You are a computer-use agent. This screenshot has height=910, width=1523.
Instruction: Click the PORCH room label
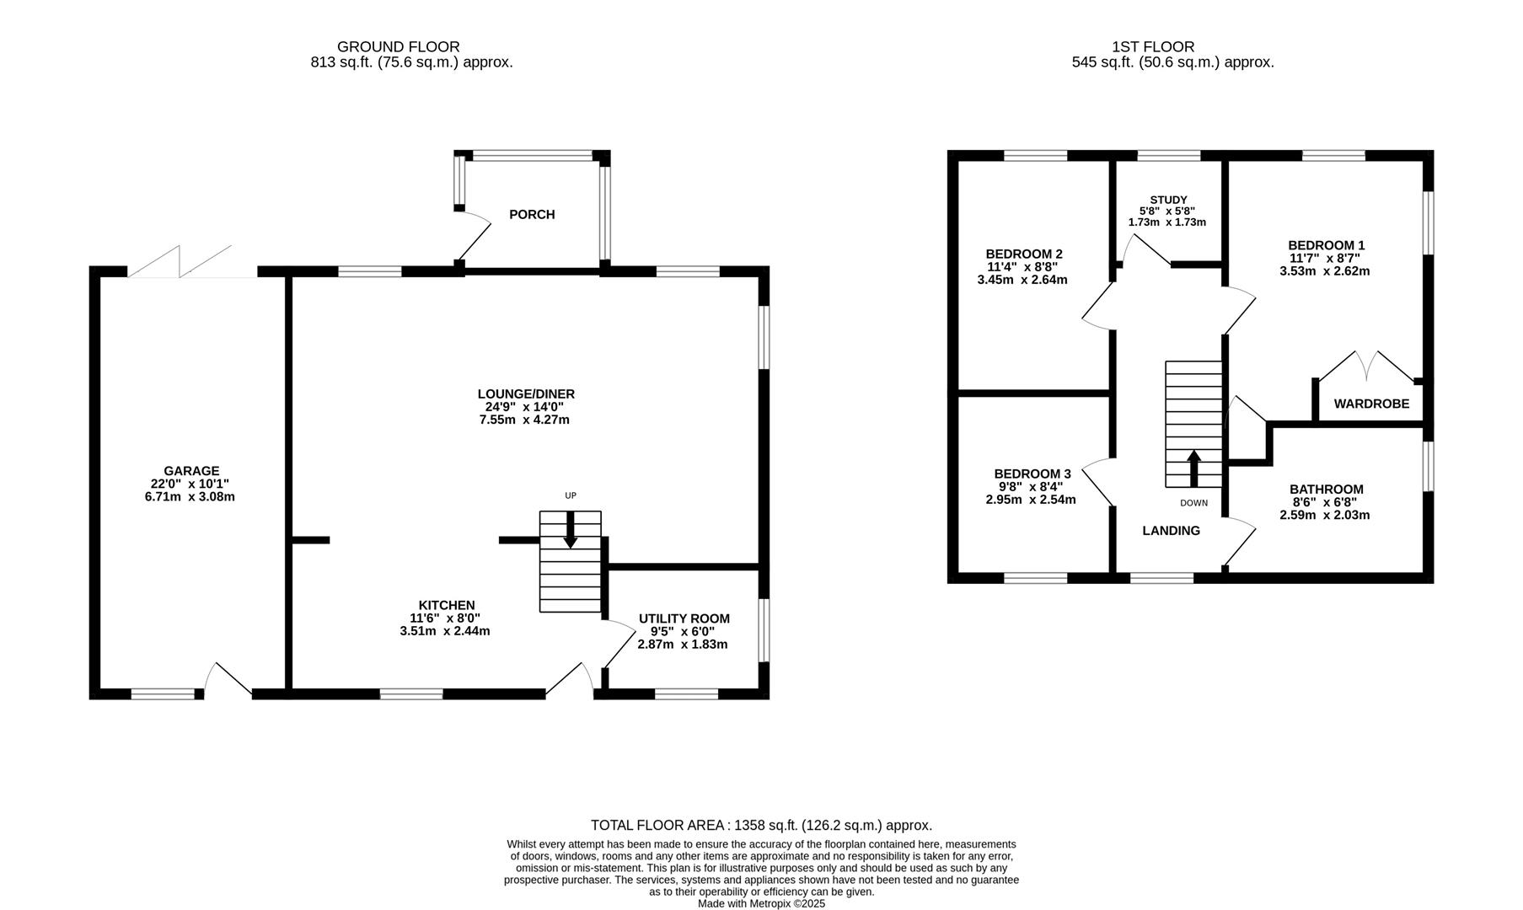coord(532,215)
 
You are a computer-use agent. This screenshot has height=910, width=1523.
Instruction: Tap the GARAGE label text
coord(191,471)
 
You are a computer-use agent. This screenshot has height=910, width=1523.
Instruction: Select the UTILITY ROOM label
coord(684,618)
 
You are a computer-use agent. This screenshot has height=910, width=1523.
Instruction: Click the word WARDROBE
coord(1371,404)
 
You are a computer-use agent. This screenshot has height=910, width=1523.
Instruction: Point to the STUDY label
coord(1168,200)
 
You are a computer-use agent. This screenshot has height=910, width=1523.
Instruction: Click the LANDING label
coord(1171,531)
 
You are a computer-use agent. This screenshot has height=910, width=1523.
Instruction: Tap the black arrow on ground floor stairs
coord(570,530)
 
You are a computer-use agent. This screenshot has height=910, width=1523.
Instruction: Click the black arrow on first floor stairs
coord(1193,468)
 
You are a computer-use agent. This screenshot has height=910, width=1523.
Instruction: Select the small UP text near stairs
coord(571,495)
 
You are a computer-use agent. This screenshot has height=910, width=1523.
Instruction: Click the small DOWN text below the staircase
coord(1193,503)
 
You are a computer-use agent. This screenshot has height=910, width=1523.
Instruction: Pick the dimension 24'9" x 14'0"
coord(525,407)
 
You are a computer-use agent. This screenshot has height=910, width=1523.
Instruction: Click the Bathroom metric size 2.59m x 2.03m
coord(1324,515)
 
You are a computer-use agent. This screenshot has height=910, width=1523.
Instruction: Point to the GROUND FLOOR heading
coord(398,47)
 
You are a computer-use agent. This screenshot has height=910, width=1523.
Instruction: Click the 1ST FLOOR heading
coord(1153,47)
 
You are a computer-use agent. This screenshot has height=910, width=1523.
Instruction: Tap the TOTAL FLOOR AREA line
coord(761,826)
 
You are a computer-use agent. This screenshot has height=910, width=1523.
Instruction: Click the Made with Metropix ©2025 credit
coord(761,903)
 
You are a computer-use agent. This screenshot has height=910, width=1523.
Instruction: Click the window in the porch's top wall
coord(532,155)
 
